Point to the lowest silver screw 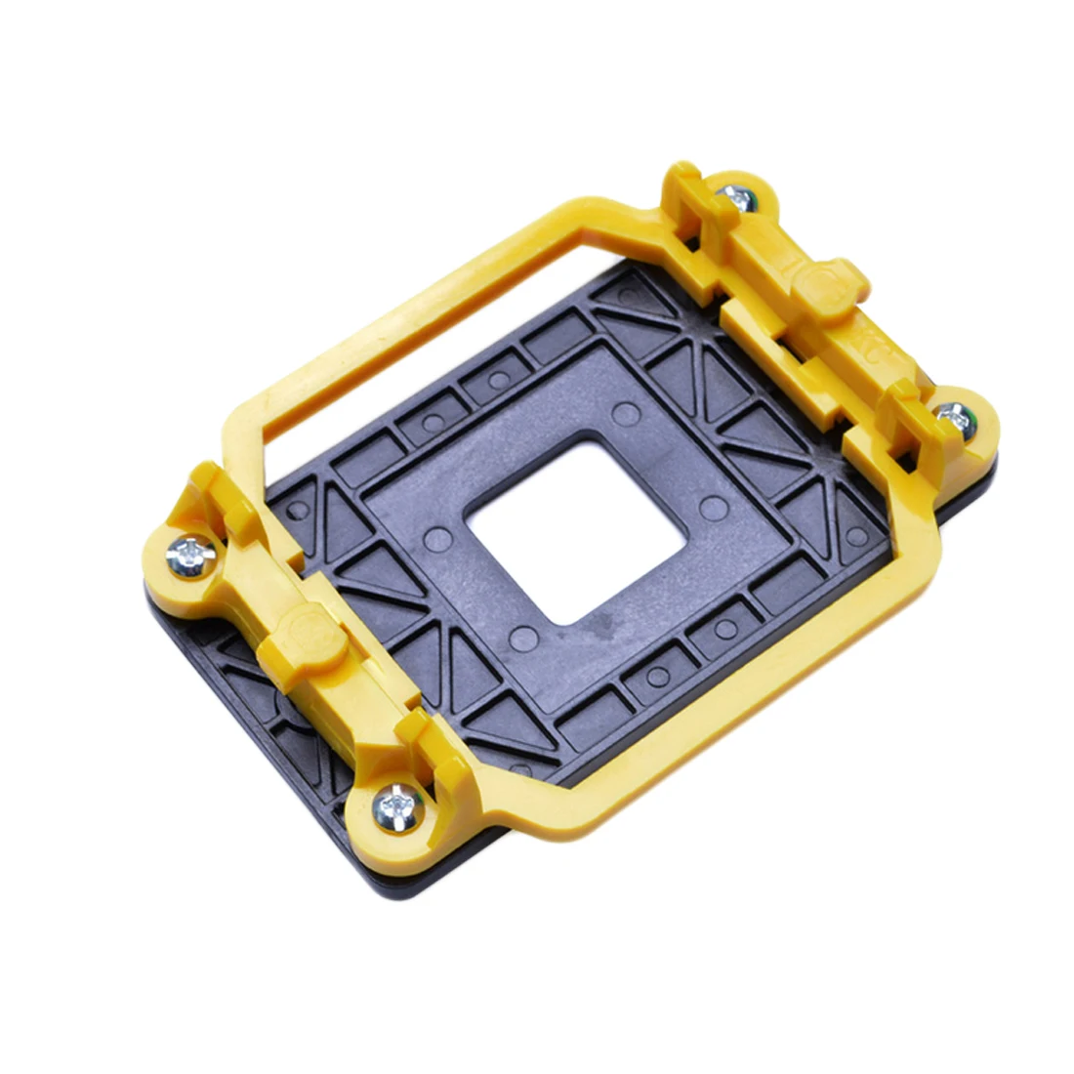tap(398, 805)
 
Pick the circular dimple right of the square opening tap(714, 508)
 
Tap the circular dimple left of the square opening tap(439, 539)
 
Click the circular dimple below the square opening tap(524, 640)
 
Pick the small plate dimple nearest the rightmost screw tap(856, 535)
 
